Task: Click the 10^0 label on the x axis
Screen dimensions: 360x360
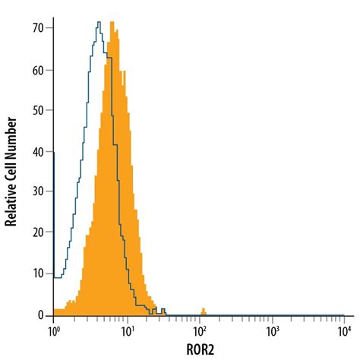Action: point(54,331)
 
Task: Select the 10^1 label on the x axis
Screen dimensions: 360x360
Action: point(127,331)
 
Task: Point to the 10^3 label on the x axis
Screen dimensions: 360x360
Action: point(272,331)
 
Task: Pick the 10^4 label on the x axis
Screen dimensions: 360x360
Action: point(344,331)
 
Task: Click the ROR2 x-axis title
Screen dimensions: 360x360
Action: point(199,350)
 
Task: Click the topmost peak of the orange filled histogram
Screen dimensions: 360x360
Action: point(112,23)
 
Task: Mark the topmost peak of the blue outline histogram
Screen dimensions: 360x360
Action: point(98,23)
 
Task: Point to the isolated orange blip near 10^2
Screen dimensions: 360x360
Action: point(203,311)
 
